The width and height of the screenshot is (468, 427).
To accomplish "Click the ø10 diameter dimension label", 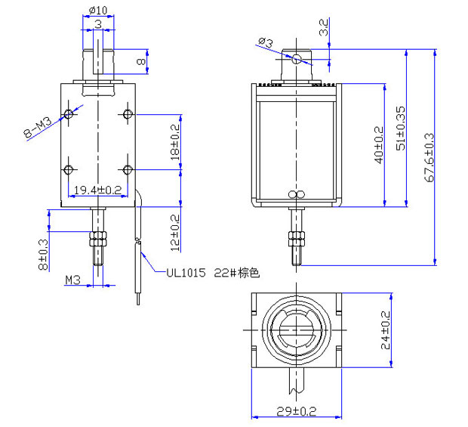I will coord(98,10).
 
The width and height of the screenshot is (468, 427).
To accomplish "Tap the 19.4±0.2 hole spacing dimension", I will coord(96,190).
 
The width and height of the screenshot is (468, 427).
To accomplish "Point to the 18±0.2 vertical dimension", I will coord(175,142).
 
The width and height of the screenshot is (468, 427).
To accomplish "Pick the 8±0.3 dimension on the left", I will coord(44,255).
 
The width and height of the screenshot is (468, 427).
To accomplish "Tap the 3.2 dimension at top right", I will coord(324,28).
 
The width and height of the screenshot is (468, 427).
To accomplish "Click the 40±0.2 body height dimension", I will coord(378,144).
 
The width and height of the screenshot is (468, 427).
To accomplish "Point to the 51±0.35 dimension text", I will coord(401,125).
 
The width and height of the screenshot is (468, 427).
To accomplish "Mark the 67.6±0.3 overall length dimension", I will coord(430,159).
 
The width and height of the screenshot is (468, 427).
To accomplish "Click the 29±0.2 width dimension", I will coord(296,411).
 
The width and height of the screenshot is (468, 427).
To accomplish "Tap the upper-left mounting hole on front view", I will coord(69,114).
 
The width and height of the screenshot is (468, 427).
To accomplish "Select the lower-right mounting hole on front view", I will coord(127,169).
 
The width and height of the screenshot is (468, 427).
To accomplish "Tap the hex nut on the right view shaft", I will coord(297,241).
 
